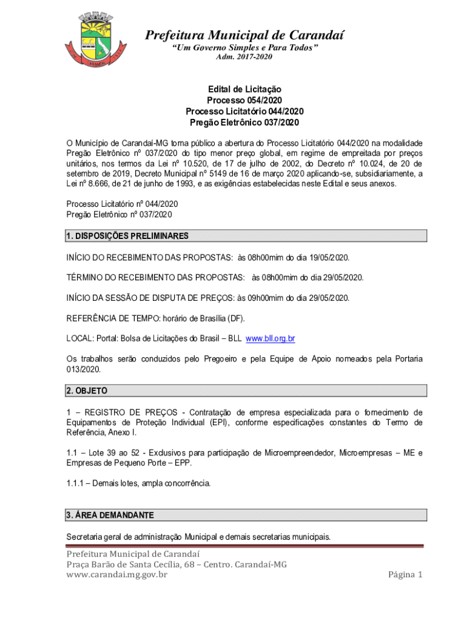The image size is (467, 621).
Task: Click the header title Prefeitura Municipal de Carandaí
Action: click(244, 35)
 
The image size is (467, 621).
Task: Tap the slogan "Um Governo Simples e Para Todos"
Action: click(244, 47)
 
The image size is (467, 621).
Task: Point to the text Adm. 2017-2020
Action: click(244, 57)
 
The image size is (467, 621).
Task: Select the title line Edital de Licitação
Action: click(244, 89)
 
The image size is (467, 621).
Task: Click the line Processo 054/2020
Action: click(244, 100)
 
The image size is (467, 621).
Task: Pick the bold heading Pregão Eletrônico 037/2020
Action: click(244, 123)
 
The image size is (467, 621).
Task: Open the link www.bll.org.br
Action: click(270, 338)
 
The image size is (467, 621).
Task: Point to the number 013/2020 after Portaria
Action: click(84, 369)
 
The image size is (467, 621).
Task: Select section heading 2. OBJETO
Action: click(87, 391)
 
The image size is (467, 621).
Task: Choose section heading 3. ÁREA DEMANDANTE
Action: click(110, 515)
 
